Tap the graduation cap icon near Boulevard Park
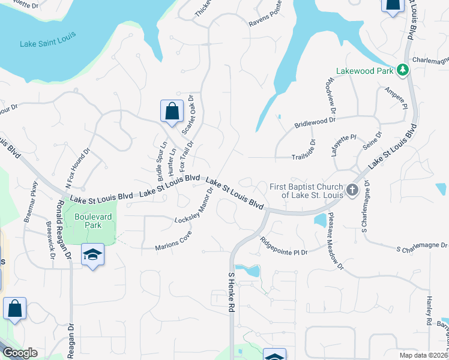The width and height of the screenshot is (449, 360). coord(93,255)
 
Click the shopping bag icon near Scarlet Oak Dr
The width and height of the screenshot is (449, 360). coord(172,111)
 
